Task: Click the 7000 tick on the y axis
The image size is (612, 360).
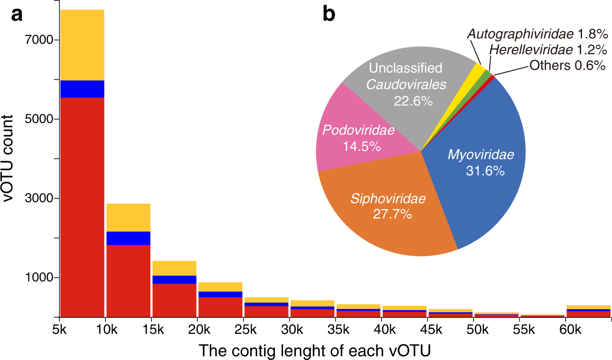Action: tap(35, 40)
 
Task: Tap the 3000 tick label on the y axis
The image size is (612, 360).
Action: tap(35, 199)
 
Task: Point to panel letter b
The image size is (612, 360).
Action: tap(329, 15)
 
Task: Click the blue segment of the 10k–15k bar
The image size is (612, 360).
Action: tap(129, 238)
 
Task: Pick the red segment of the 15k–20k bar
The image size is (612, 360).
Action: tap(174, 300)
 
